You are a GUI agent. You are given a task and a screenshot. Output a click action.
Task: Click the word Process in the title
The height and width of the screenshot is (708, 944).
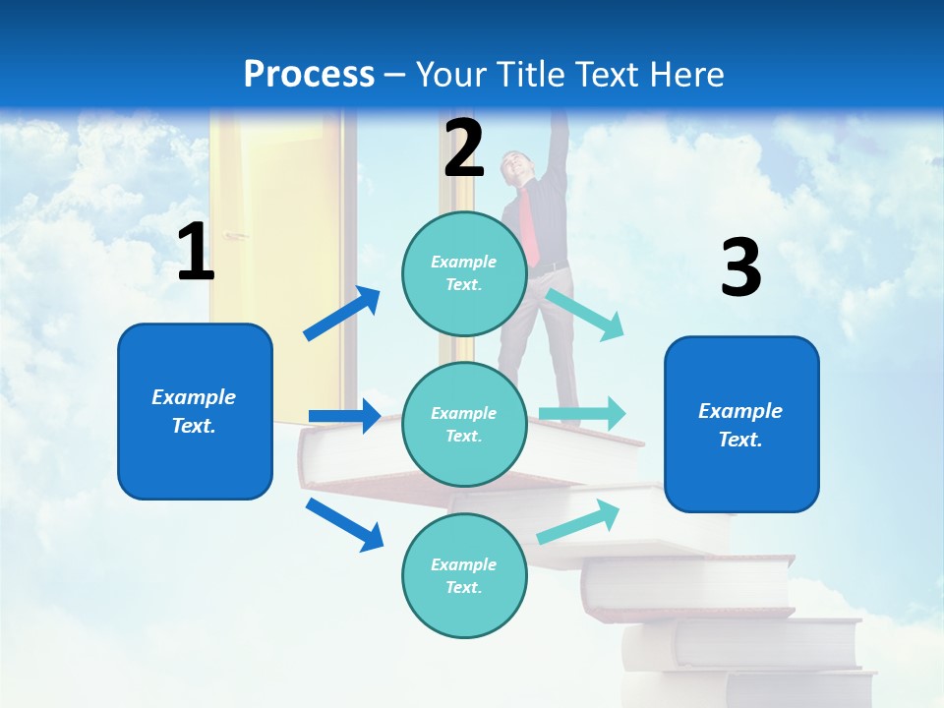[x=309, y=74]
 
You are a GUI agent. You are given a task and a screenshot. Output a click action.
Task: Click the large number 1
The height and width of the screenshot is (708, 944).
[x=196, y=253]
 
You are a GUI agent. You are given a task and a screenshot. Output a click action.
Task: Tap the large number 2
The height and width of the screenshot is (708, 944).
[x=464, y=148]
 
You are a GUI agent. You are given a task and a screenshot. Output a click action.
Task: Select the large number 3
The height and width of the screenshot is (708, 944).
[x=740, y=268]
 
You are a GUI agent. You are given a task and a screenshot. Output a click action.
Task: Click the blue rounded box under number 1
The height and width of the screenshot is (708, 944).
[x=195, y=411]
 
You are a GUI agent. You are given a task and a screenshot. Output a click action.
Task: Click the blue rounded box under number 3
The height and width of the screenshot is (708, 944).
[x=741, y=424]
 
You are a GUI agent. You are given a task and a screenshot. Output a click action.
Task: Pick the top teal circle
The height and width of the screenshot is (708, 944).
[x=464, y=273]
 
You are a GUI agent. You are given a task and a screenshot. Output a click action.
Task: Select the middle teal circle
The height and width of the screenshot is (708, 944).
[x=464, y=424]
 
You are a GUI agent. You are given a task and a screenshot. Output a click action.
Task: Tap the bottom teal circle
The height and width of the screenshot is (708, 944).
[x=464, y=575]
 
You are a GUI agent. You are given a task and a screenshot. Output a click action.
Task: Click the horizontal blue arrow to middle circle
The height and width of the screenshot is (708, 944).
[x=344, y=416]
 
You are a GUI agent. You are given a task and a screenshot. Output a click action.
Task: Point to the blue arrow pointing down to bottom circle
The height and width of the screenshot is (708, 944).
[x=344, y=523]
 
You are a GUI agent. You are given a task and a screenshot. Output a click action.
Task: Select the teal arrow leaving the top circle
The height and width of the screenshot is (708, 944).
[x=584, y=314]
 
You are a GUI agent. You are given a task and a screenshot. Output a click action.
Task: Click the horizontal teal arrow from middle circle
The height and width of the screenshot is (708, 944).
[x=581, y=413]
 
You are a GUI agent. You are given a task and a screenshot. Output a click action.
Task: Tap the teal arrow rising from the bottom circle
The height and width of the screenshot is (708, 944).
[x=578, y=522]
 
